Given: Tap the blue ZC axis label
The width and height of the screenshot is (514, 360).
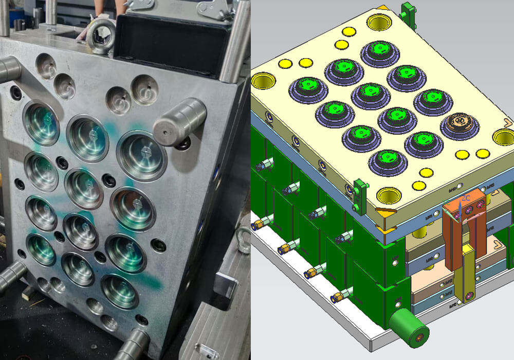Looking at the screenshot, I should pos(466,198).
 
